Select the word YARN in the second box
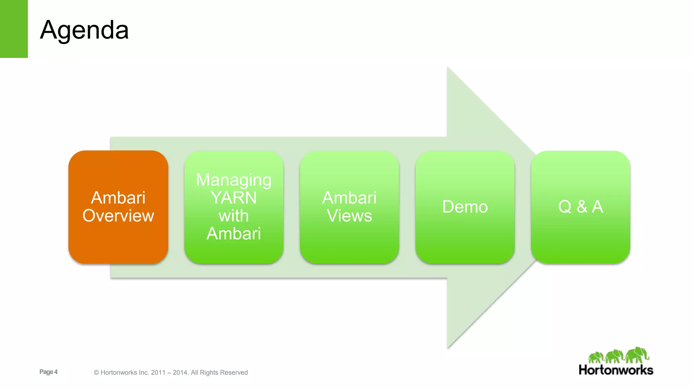click(234, 198)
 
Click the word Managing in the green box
click(234, 180)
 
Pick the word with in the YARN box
click(234, 216)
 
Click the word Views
click(349, 216)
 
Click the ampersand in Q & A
click(582, 207)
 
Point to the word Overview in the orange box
click(118, 216)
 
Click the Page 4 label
click(48, 372)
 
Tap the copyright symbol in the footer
click(96, 372)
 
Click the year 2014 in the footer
click(180, 372)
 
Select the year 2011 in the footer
click(158, 372)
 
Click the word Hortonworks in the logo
click(616, 370)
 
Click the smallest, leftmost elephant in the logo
click(596, 357)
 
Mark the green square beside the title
click(14, 29)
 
